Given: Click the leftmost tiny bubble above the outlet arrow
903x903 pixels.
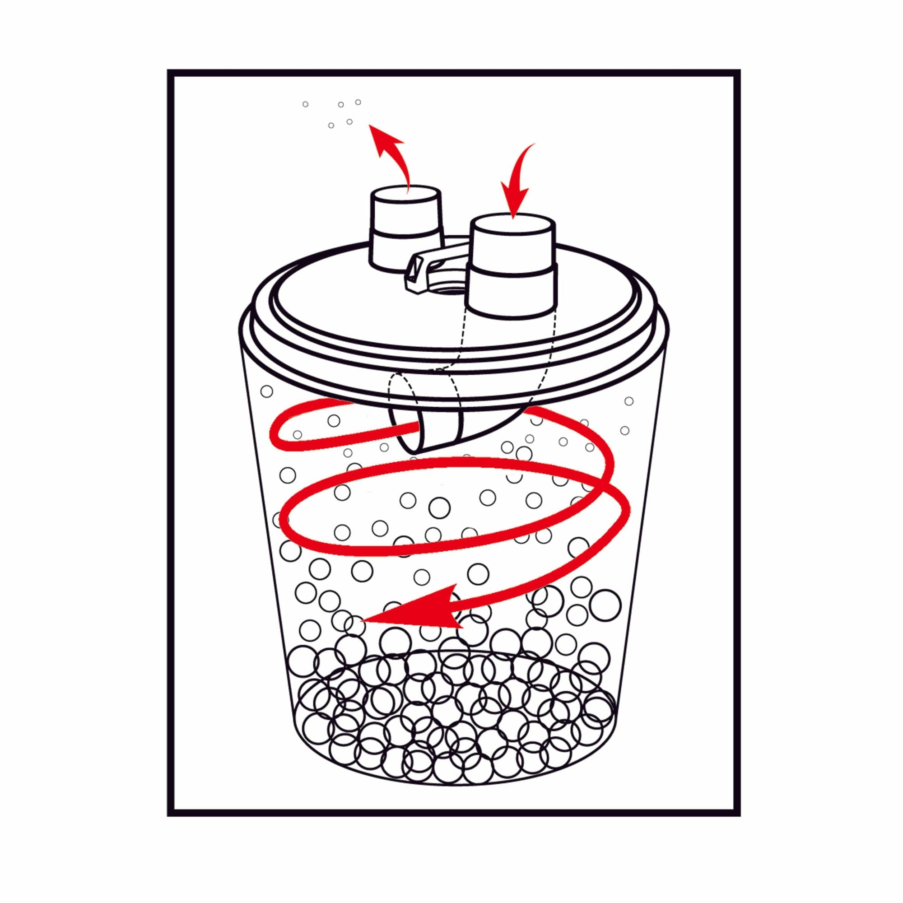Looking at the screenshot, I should click(x=305, y=104).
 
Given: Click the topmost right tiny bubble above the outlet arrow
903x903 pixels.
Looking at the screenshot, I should click(x=358, y=102).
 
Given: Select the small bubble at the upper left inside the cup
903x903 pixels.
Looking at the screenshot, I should click(x=266, y=391).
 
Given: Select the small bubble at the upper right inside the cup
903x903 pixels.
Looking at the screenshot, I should click(x=628, y=401).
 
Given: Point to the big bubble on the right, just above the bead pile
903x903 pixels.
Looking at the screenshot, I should click(x=605, y=605).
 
